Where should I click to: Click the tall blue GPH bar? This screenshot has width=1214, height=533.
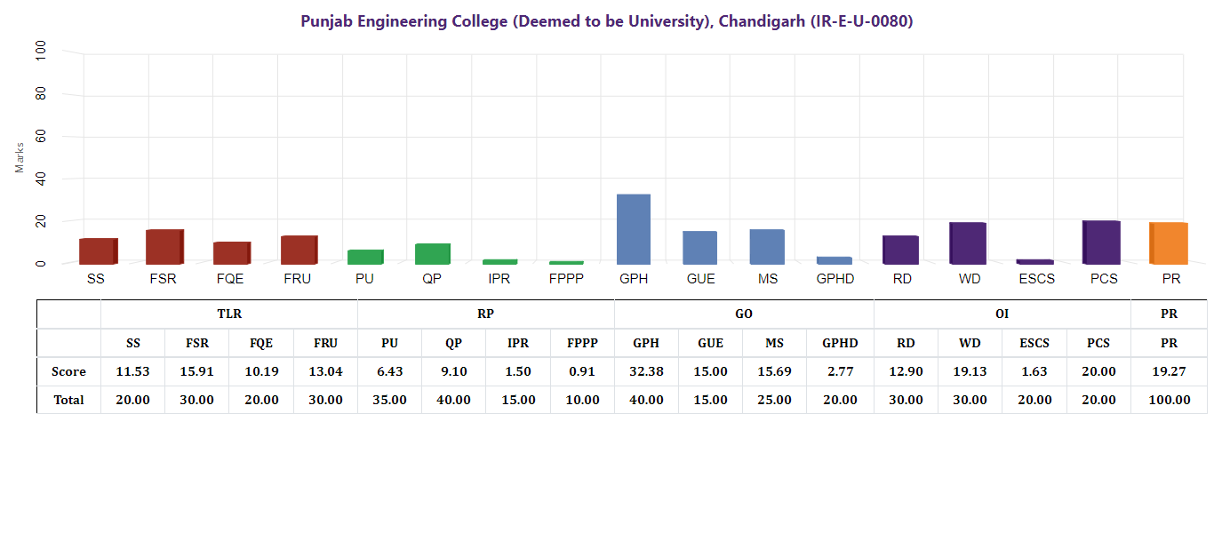(x=634, y=228)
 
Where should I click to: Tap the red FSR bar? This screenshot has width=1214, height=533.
(x=164, y=246)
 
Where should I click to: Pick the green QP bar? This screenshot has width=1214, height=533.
(x=433, y=253)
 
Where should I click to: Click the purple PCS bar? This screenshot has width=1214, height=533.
(x=1102, y=242)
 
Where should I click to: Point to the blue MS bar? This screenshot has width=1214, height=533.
(x=767, y=246)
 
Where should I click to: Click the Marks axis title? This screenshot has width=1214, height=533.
(x=20, y=157)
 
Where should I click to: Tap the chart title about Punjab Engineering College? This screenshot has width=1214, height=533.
(x=607, y=21)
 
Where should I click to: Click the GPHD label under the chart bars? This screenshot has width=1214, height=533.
(x=835, y=279)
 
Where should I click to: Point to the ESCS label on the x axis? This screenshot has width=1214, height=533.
(x=1035, y=279)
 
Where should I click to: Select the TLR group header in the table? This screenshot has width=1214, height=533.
(x=229, y=314)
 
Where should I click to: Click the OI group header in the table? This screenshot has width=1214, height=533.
(x=1002, y=314)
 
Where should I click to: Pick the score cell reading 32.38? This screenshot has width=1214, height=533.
(x=646, y=371)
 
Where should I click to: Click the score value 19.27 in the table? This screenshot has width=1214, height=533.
(x=1169, y=371)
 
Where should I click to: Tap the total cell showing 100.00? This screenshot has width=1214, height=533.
(x=1169, y=400)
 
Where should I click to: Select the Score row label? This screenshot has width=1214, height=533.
(x=68, y=371)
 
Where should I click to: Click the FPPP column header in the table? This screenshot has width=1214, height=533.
(x=582, y=343)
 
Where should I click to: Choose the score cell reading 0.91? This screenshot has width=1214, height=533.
(x=582, y=371)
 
